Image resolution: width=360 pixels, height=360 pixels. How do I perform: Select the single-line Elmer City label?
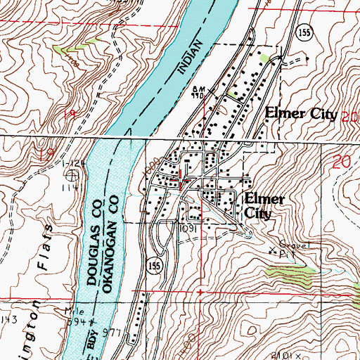click(x=300, y=114)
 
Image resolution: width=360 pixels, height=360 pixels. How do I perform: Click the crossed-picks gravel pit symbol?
click(x=274, y=250)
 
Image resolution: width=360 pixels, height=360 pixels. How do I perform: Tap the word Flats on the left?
click(x=49, y=245)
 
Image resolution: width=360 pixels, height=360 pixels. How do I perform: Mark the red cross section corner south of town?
click(x=200, y=290)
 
